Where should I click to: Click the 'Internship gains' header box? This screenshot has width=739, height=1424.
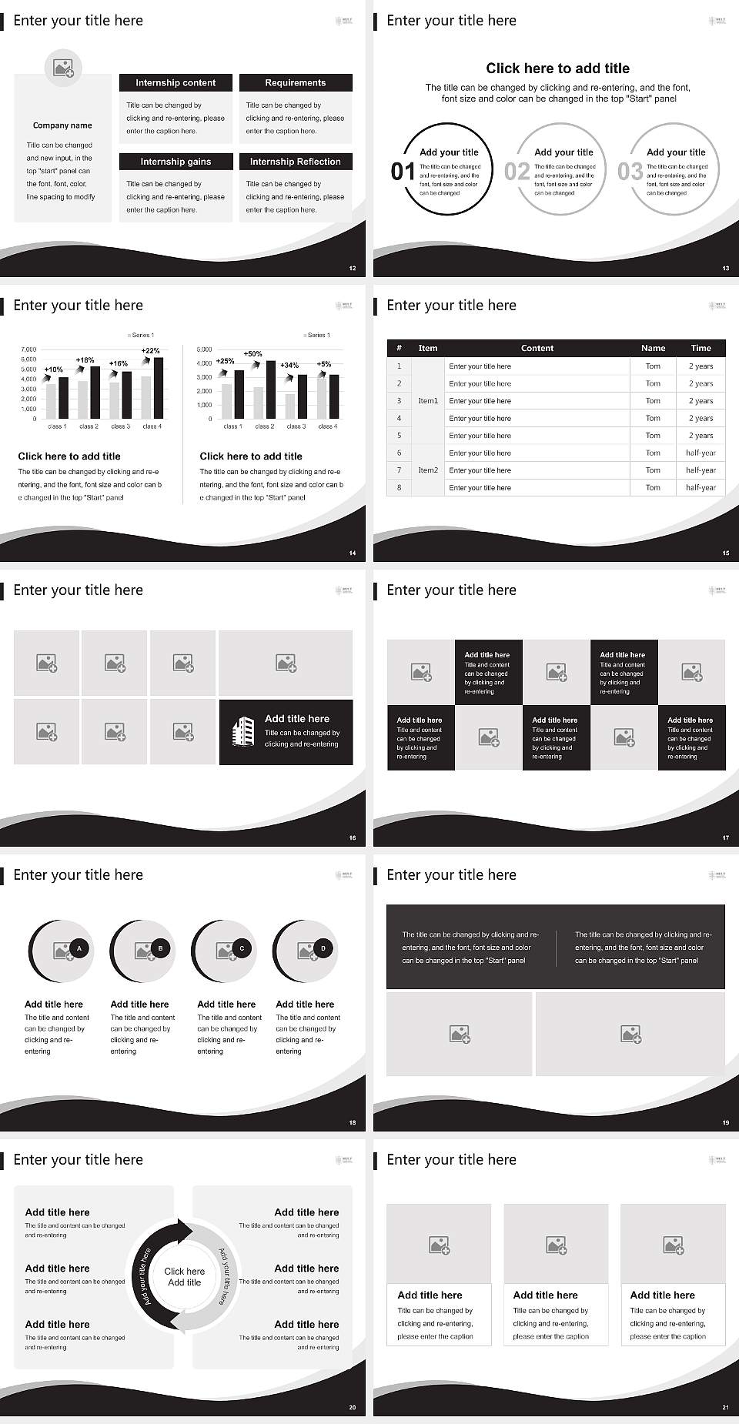coord(176,162)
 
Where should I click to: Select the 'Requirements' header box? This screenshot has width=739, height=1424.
coord(296,83)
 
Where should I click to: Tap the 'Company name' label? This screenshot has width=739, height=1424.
coord(62,125)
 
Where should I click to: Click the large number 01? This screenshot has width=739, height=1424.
coord(403,172)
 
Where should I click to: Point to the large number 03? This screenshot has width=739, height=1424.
coord(630,172)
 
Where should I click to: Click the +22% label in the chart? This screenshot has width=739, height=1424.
coord(151,351)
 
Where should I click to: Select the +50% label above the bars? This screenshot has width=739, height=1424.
coord(252,354)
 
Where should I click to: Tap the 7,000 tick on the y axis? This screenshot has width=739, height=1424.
coord(28,349)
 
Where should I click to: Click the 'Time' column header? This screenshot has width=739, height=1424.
coord(701,348)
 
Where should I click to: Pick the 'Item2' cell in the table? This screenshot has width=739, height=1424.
coord(428,470)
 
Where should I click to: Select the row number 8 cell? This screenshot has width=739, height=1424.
coord(399,487)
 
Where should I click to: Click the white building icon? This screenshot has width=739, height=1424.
coord(243,731)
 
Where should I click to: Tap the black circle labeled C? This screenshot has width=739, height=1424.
coord(242,948)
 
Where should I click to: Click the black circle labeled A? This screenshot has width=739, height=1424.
coord(79,948)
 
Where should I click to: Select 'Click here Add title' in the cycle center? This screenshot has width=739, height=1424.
coord(185,1277)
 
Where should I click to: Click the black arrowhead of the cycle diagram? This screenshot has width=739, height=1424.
coord(183,1231)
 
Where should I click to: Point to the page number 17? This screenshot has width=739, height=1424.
coord(725,837)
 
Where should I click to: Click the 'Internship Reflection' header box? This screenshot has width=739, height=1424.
coord(296,162)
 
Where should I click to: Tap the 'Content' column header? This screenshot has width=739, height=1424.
coord(537,348)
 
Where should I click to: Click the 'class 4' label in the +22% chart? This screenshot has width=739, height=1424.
coord(151,426)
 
